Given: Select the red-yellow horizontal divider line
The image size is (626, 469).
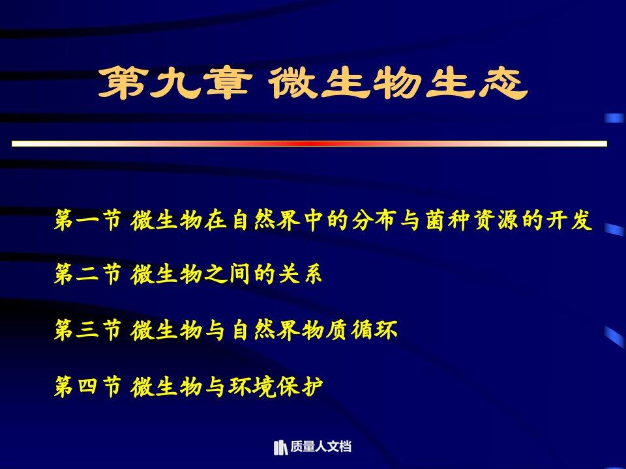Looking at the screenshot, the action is click(309, 143).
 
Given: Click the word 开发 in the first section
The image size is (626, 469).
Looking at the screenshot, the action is click(569, 220).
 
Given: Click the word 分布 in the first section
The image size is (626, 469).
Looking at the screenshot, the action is click(374, 220).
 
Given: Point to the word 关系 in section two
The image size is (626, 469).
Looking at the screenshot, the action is click(300, 275).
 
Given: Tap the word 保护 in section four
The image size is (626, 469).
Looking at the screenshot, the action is click(300, 386).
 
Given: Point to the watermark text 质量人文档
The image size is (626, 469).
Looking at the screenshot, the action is click(321, 447).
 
